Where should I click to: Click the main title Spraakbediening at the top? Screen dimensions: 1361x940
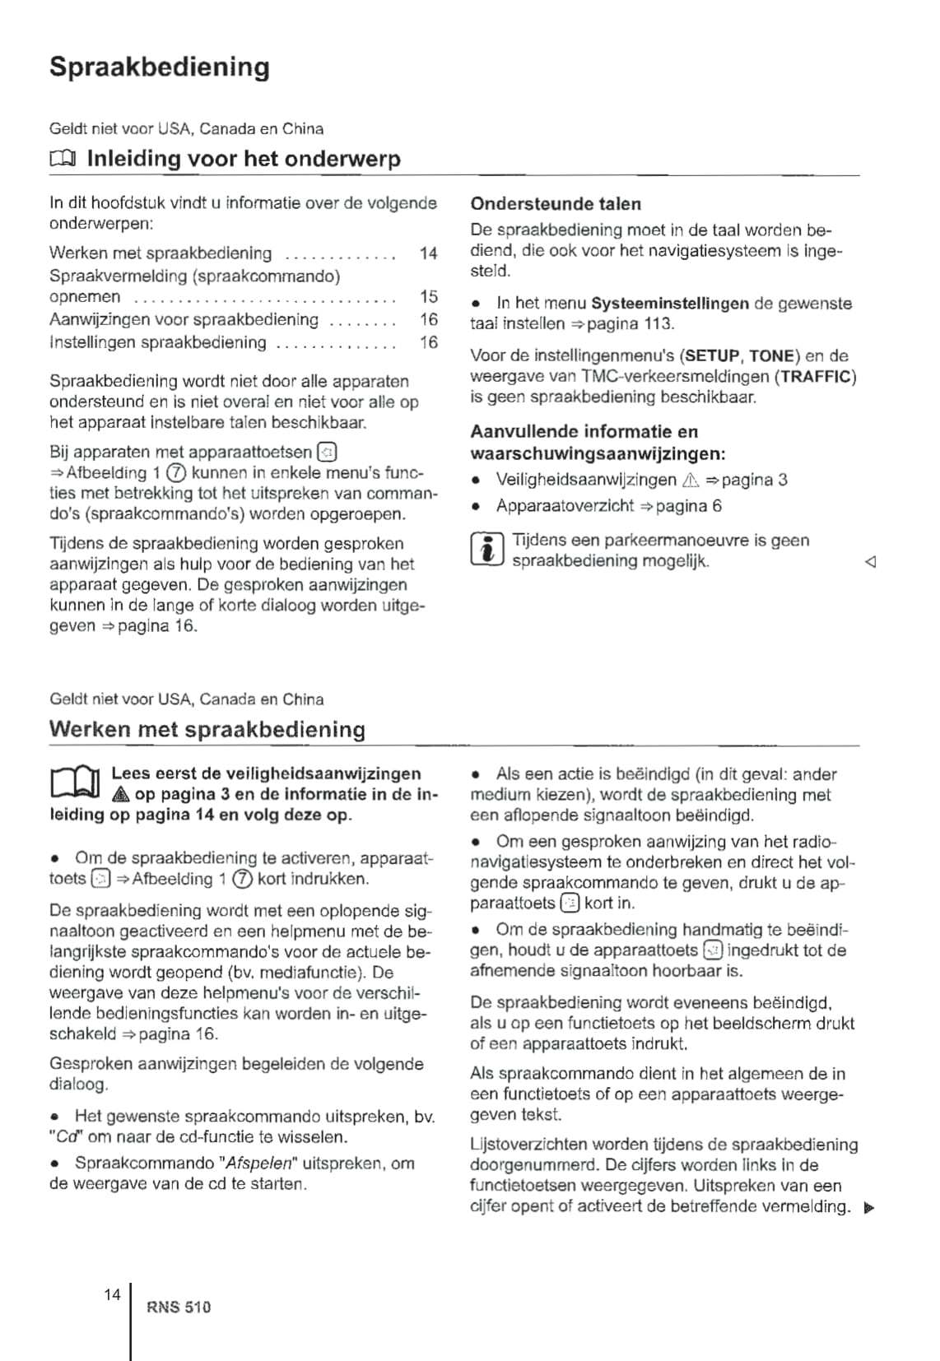pyautogui.click(x=159, y=67)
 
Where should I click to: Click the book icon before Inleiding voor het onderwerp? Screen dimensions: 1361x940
pyautogui.click(x=63, y=159)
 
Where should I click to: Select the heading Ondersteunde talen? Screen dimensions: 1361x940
pyautogui.click(x=556, y=204)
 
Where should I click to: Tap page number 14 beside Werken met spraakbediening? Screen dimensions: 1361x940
pyautogui.click(x=428, y=253)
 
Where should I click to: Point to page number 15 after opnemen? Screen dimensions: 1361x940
pyautogui.click(x=428, y=296)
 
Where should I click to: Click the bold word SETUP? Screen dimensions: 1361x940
pyautogui.click(x=712, y=356)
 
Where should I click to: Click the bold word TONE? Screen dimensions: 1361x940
pyautogui.click(x=771, y=356)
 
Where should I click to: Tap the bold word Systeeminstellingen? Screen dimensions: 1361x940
pyautogui.click(x=670, y=304)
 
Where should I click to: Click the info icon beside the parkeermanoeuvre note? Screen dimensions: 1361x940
pyautogui.click(x=486, y=550)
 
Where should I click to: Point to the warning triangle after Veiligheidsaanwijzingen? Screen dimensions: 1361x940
pyautogui.click(x=690, y=481)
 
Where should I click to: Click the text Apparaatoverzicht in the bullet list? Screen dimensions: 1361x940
pyautogui.click(x=565, y=506)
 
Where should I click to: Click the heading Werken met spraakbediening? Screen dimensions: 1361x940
pyautogui.click(x=207, y=730)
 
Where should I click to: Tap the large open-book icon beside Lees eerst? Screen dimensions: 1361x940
pyautogui.click(x=74, y=783)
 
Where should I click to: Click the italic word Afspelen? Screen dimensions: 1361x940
pyautogui.click(x=259, y=1164)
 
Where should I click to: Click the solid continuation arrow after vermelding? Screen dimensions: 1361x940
pyautogui.click(x=869, y=1208)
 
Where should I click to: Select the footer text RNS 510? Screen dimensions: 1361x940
pyautogui.click(x=179, y=1307)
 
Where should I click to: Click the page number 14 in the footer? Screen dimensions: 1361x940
pyautogui.click(x=112, y=1294)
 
